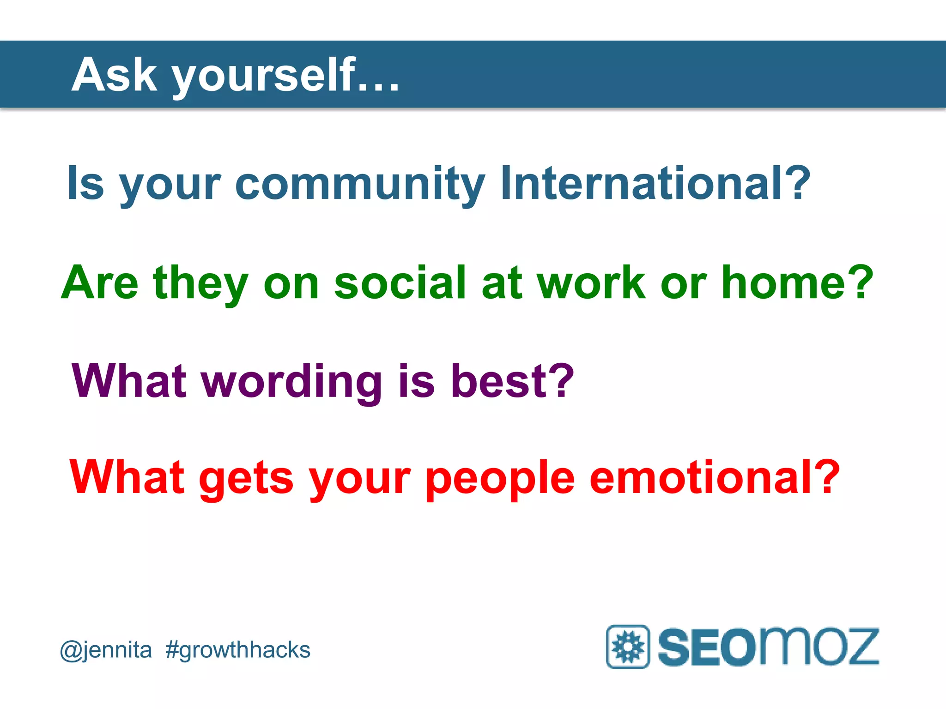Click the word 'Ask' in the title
[114, 75]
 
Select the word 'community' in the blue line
[360, 185]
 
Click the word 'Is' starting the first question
[85, 184]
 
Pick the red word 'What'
[127, 477]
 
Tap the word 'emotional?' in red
[714, 477]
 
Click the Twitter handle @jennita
[106, 650]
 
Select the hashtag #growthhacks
[238, 650]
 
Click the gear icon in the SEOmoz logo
[628, 646]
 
